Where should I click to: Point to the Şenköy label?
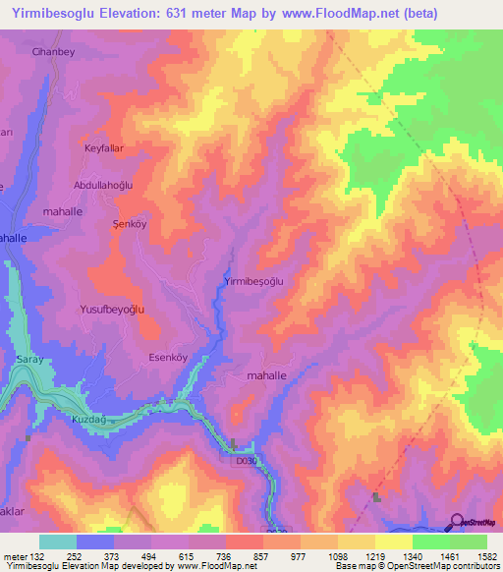[x=125, y=224]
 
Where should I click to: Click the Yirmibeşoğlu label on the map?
[x=254, y=281]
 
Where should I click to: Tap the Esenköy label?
[x=167, y=357]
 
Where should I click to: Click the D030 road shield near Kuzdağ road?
[x=246, y=459]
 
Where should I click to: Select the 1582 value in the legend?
[x=485, y=555]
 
